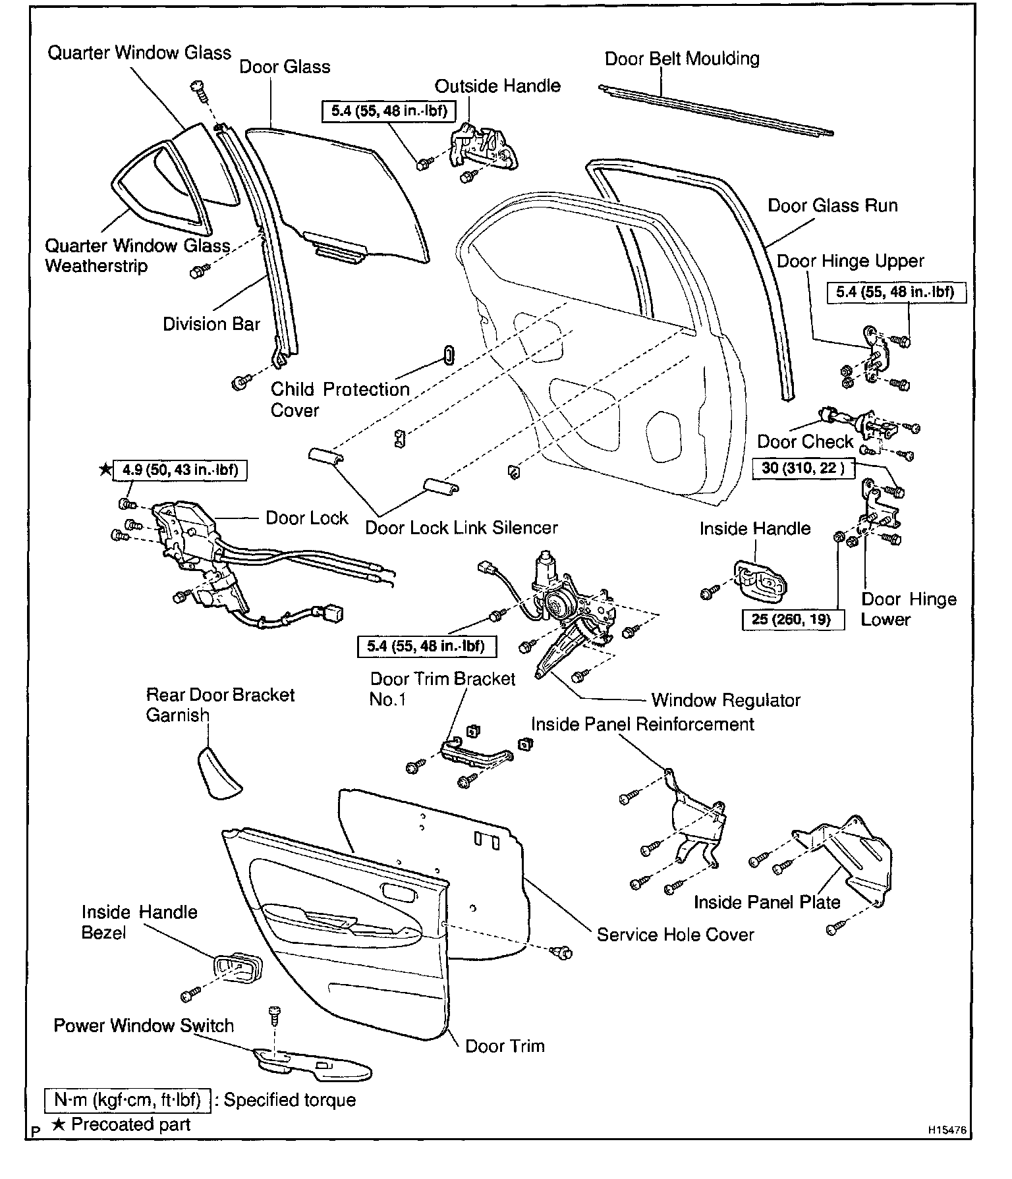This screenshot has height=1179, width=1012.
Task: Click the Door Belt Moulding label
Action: point(682,59)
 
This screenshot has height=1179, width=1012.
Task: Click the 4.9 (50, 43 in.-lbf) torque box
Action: point(179,470)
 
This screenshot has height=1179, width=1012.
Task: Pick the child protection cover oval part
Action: point(449,354)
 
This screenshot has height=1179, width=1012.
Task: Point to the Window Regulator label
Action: point(725,700)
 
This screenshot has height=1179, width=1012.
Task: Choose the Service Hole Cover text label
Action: point(675,935)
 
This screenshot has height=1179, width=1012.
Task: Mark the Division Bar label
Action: point(211,324)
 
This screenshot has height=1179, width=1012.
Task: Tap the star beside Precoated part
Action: point(59,1124)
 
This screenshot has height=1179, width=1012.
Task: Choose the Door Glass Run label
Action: point(832,206)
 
